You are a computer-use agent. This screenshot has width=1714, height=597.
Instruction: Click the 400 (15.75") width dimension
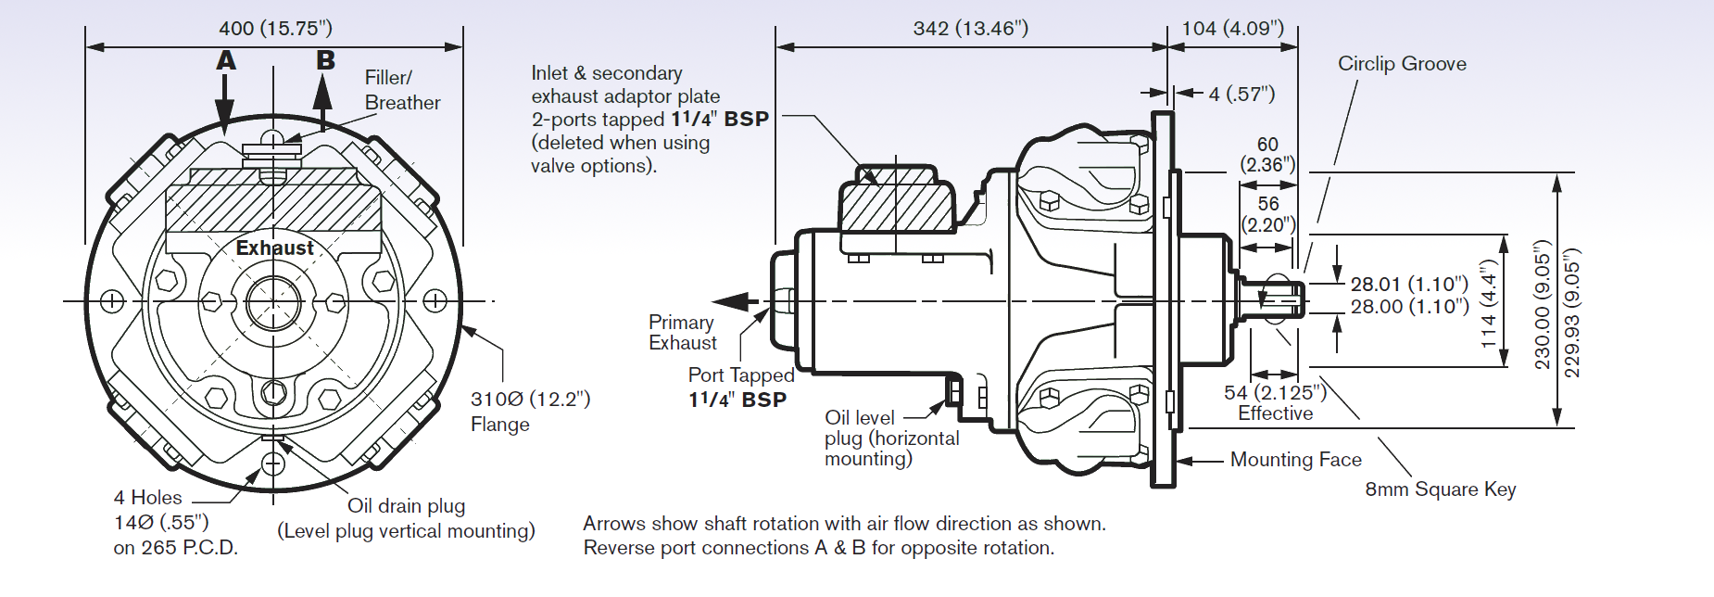pyautogui.click(x=275, y=29)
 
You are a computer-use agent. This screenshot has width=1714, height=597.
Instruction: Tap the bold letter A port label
pyautogui.click(x=226, y=61)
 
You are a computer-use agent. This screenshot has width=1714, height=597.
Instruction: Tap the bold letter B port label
pyautogui.click(x=325, y=61)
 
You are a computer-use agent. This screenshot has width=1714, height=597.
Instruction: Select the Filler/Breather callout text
pyautogui.click(x=401, y=90)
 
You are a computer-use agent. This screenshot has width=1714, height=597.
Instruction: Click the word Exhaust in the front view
pyautogui.click(x=274, y=248)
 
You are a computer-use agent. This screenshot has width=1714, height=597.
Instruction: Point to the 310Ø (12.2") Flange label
pyautogui.click(x=529, y=411)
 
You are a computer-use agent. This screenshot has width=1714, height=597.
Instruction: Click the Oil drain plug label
pyautogui.click(x=406, y=506)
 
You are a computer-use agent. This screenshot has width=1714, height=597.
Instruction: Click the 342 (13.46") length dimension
pyautogui.click(x=970, y=29)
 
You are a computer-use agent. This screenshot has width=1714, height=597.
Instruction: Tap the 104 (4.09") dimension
pyautogui.click(x=1232, y=29)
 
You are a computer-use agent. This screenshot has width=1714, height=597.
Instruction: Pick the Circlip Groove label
pyautogui.click(x=1401, y=64)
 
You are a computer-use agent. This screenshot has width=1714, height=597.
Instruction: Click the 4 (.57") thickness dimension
pyautogui.click(x=1241, y=94)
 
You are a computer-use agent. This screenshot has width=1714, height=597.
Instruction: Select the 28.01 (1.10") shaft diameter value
pyautogui.click(x=1408, y=284)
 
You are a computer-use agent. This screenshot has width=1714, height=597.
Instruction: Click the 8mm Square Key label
pyautogui.click(x=1440, y=489)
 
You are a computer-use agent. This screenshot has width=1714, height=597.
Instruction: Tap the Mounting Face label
pyautogui.click(x=1295, y=460)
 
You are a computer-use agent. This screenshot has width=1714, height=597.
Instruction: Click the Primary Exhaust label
pyautogui.click(x=682, y=333)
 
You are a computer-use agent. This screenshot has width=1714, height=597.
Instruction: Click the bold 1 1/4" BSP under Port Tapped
pyautogui.click(x=737, y=400)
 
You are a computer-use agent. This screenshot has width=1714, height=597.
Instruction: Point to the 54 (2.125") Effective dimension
pyautogui.click(x=1275, y=402)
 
